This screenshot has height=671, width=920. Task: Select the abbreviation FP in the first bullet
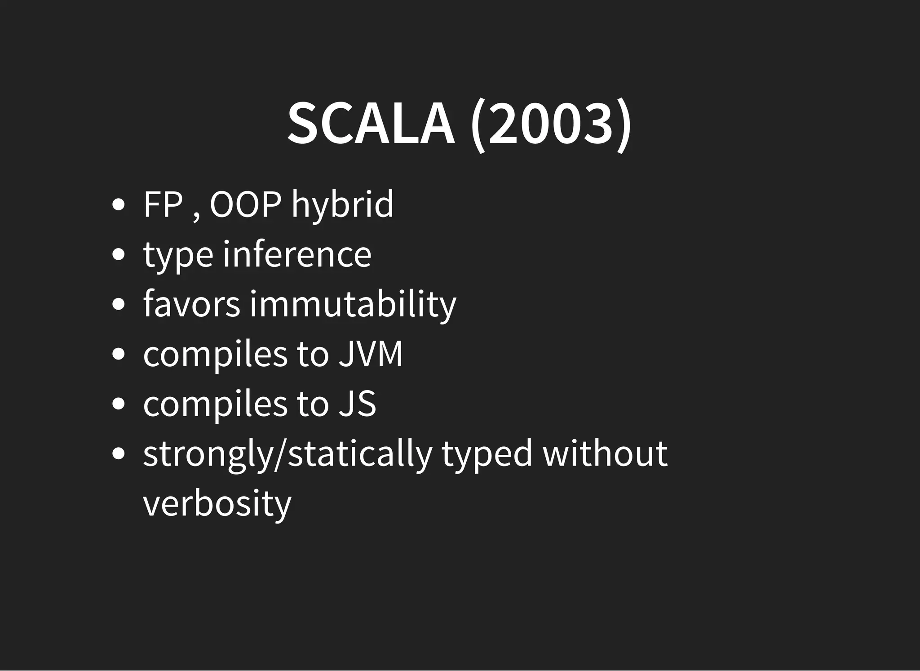(x=163, y=204)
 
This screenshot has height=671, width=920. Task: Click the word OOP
(x=245, y=204)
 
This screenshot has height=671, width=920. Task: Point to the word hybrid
(x=342, y=205)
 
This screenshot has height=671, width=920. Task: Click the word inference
(x=297, y=254)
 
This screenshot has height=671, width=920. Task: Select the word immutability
(x=353, y=305)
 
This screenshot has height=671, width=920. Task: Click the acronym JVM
(x=371, y=354)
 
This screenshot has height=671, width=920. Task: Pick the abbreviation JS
(x=357, y=404)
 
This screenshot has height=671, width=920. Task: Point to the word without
(x=605, y=453)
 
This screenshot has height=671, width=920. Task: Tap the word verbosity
(x=217, y=503)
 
